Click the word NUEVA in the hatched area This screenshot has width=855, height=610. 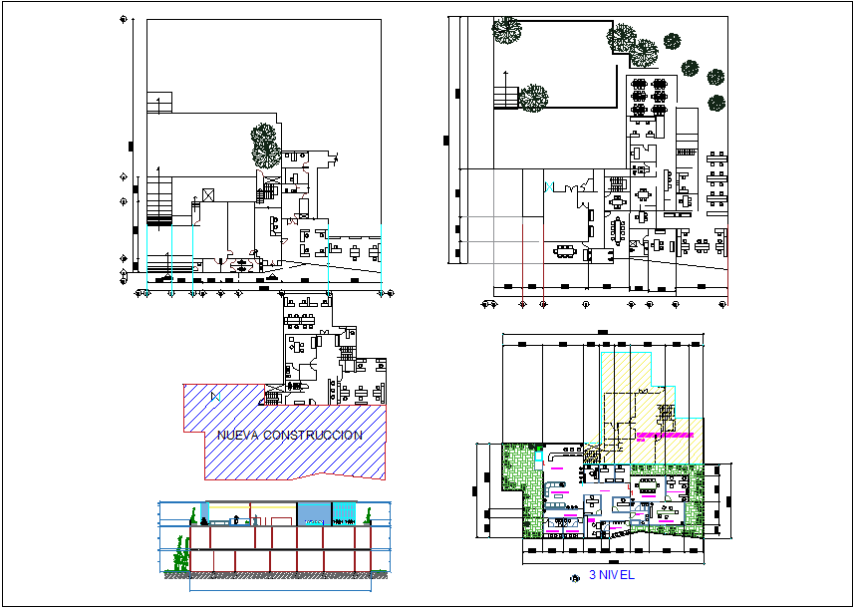[x=239, y=436]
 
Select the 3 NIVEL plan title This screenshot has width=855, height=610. [x=611, y=575]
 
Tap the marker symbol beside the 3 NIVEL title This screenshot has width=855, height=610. [x=573, y=577]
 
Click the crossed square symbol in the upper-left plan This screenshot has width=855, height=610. [x=208, y=193]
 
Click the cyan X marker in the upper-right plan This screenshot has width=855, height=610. [x=548, y=186]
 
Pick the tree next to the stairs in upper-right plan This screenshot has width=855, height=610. [x=532, y=98]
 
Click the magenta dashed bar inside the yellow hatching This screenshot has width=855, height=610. [x=666, y=435]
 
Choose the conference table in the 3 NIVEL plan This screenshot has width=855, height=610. [x=649, y=483]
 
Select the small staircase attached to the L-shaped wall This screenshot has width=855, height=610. [x=505, y=98]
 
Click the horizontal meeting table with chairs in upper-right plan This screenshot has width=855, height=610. [x=566, y=250]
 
